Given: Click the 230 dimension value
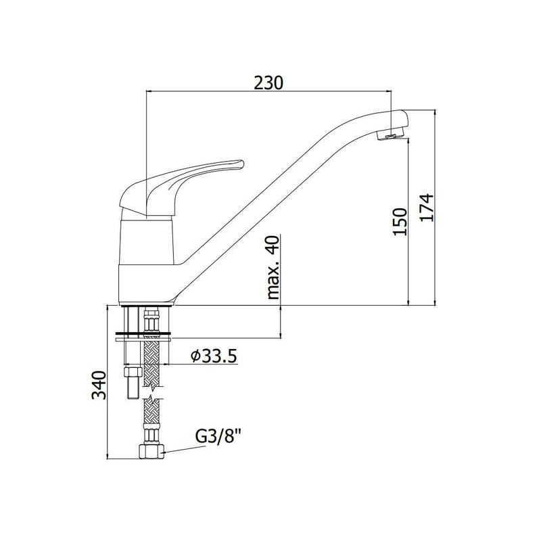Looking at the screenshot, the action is (268, 83).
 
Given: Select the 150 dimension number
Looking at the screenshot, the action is (400, 222).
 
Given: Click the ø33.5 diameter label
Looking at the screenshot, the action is (214, 356).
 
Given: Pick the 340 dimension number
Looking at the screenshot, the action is (99, 385).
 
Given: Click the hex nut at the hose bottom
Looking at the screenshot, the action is (151, 451).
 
